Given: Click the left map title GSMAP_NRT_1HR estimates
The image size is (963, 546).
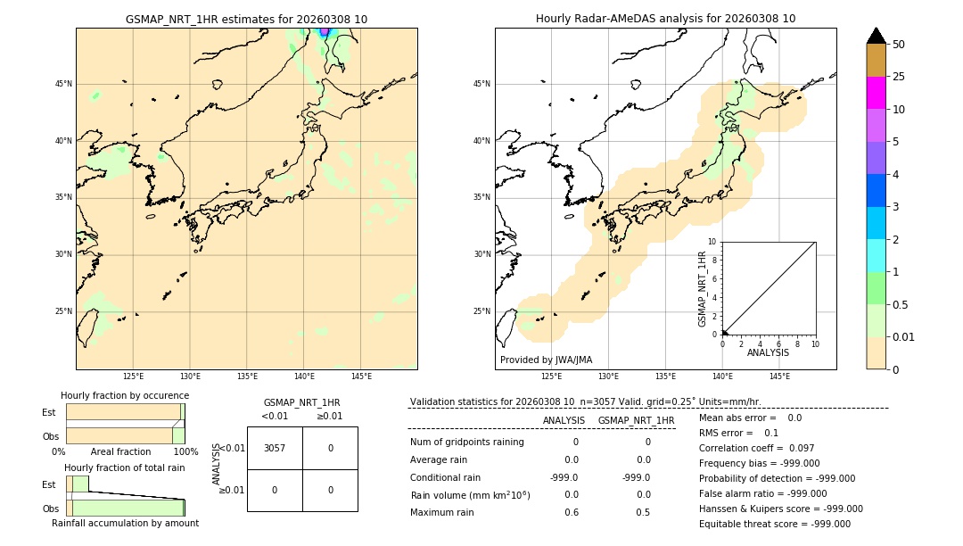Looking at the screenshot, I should pyautogui.click(x=246, y=19).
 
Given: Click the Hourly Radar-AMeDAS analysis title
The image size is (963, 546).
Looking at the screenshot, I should pyautogui.click(x=665, y=19).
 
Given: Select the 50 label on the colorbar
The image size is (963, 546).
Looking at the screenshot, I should pyautogui.click(x=899, y=45).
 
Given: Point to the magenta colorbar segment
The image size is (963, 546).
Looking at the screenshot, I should pyautogui.click(x=876, y=93).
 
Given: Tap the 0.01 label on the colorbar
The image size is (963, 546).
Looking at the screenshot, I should pyautogui.click(x=904, y=337).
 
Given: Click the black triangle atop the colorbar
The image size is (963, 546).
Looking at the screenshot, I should pyautogui.click(x=876, y=36).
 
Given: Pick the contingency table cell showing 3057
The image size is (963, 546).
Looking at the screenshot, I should pyautogui.click(x=275, y=448).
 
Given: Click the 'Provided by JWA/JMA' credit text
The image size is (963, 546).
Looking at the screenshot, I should pyautogui.click(x=546, y=360).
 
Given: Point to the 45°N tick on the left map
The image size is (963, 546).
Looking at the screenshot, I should pyautogui.click(x=63, y=84).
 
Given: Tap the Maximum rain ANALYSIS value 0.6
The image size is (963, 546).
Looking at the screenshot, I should pyautogui.click(x=571, y=512).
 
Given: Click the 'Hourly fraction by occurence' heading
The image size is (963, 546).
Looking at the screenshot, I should pyautogui.click(x=125, y=395).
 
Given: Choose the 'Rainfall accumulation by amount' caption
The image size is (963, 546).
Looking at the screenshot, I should pyautogui.click(x=125, y=523).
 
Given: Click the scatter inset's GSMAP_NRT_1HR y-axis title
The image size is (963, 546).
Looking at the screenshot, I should pyautogui.click(x=703, y=288).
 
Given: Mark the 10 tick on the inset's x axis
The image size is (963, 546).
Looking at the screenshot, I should pyautogui.click(x=815, y=343).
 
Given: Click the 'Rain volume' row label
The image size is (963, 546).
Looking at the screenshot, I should pyautogui.click(x=470, y=495).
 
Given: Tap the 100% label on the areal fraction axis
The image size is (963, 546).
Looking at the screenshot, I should pyautogui.click(x=185, y=451).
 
